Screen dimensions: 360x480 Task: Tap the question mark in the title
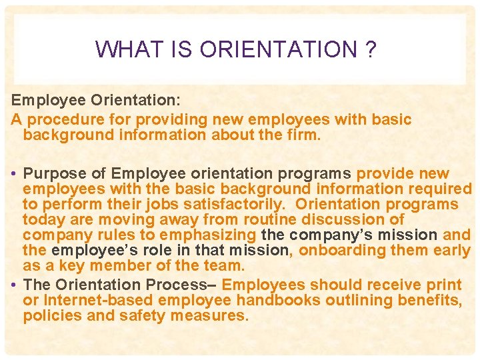371,49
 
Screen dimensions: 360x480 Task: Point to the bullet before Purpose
14,174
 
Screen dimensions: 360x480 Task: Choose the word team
225,265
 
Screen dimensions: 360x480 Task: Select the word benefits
433,300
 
